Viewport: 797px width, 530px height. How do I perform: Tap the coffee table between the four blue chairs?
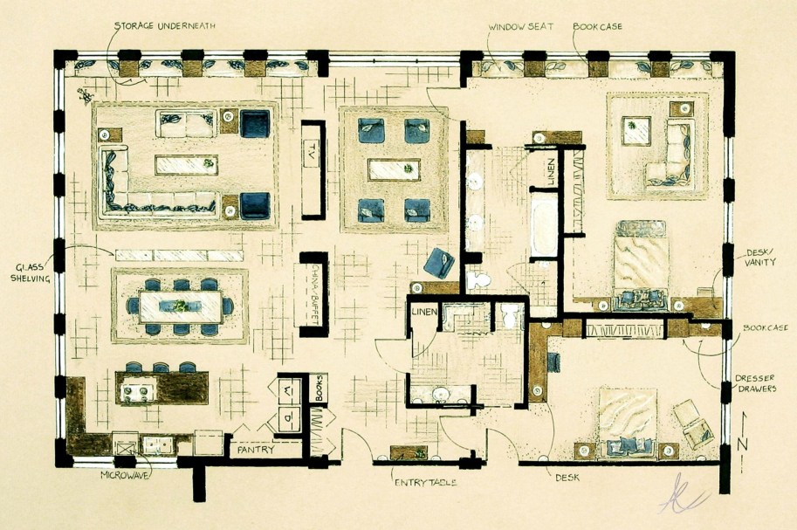click(x=394, y=169)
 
